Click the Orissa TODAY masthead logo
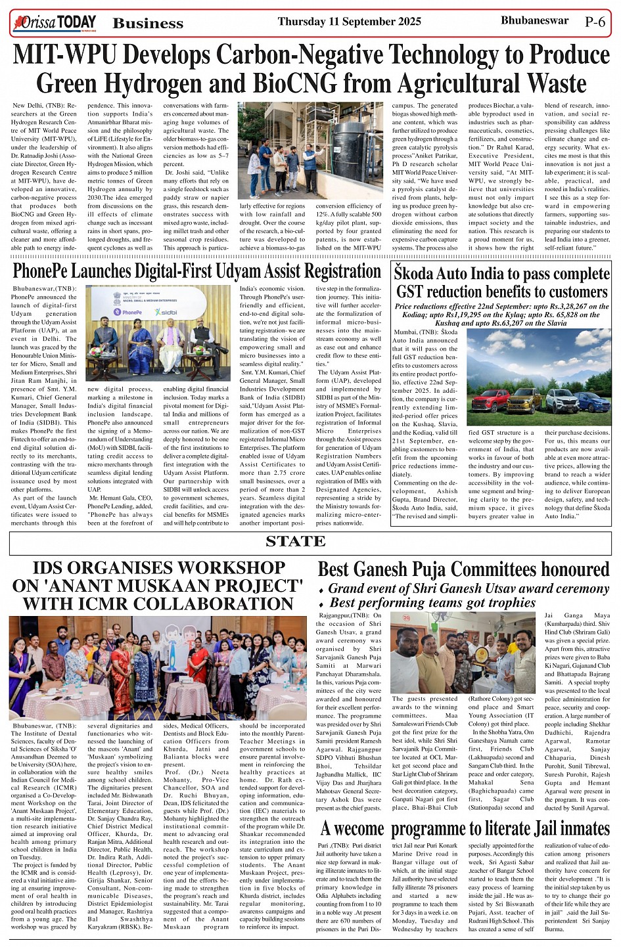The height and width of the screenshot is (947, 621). pos(55,23)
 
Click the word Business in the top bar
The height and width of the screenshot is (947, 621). pos(148,24)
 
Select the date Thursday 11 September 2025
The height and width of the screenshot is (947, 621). pos(349,22)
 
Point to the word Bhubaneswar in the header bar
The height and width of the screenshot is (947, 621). pos(534,21)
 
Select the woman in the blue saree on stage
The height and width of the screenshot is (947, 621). pos(140,338)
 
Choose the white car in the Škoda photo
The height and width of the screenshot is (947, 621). pos(560,398)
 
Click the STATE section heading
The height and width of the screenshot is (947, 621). pos(295,542)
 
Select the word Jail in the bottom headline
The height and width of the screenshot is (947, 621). pos(538,829)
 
